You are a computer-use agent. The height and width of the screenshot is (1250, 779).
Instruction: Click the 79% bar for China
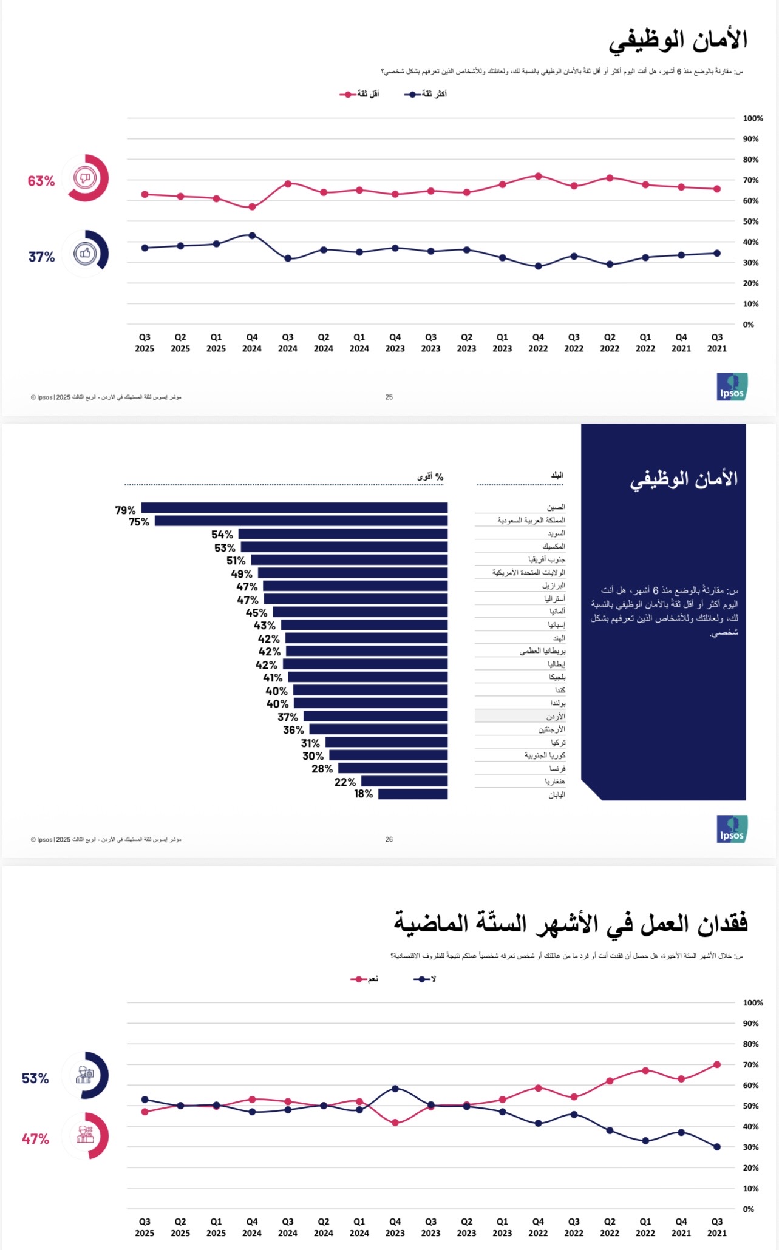click(x=294, y=508)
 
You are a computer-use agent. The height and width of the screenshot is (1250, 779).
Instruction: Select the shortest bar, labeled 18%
click(x=413, y=794)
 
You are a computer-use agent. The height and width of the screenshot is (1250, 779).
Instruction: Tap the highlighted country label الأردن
click(x=555, y=717)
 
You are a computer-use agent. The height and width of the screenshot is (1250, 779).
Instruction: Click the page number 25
click(x=389, y=397)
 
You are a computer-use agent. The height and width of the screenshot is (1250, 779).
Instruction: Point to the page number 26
click(x=389, y=839)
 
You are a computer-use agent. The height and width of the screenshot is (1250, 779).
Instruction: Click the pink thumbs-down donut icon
click(x=85, y=178)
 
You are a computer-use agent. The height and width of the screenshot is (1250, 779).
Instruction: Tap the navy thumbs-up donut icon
click(x=85, y=254)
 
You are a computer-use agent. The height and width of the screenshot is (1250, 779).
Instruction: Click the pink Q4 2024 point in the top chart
click(x=252, y=207)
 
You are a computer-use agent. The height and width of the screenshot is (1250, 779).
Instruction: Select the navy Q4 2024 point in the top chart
click(x=252, y=235)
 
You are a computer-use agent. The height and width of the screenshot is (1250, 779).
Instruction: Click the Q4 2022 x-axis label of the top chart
click(x=538, y=343)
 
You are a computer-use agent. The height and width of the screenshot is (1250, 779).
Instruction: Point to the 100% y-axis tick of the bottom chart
click(x=753, y=1003)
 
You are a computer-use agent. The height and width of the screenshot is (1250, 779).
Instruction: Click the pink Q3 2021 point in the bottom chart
click(x=717, y=1064)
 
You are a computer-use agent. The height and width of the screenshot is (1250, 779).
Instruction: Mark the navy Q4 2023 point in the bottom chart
click(x=395, y=1089)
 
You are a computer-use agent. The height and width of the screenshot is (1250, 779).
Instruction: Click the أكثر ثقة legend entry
click(x=426, y=94)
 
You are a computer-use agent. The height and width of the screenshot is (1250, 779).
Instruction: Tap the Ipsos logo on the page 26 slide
click(x=732, y=829)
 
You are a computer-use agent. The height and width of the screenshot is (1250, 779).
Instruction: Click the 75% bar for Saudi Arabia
click(x=301, y=521)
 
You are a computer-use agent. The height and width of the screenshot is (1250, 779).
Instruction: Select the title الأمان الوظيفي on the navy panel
click(x=684, y=479)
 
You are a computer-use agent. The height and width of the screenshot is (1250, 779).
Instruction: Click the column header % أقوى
click(x=430, y=477)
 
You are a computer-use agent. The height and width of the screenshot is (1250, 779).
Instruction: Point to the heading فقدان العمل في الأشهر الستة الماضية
click(x=571, y=923)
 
